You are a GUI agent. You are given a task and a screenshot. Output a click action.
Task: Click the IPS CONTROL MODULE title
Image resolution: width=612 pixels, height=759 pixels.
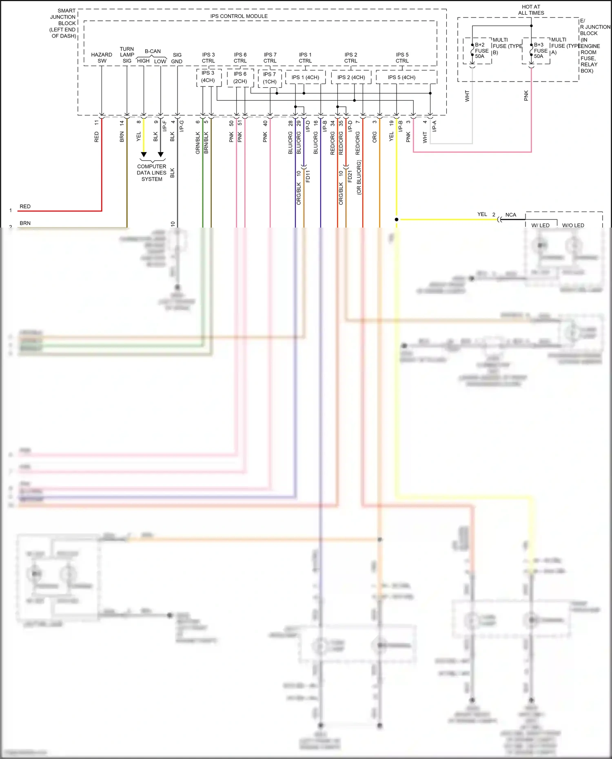[x=239, y=16]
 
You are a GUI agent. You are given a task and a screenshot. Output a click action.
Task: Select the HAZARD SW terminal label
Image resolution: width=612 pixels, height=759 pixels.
[x=102, y=58]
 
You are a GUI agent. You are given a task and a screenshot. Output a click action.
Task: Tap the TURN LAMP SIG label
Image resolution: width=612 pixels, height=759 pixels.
[x=127, y=55]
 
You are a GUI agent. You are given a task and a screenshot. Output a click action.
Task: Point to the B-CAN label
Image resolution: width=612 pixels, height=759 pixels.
[x=153, y=51]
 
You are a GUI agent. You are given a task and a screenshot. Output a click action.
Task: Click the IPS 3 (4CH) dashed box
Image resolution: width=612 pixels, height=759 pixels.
[x=208, y=77]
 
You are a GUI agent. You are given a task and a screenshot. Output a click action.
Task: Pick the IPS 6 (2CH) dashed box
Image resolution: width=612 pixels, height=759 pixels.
[x=240, y=77]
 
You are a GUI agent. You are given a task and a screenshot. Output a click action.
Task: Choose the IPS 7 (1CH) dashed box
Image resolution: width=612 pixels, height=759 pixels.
[x=270, y=78]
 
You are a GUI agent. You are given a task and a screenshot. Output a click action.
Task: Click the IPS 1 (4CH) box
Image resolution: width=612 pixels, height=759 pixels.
[x=305, y=77]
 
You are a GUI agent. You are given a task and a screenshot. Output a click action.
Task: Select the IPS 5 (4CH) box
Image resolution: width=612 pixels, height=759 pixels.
[x=402, y=77]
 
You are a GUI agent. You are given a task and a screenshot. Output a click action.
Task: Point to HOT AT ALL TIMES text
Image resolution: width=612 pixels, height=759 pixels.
[x=531, y=10]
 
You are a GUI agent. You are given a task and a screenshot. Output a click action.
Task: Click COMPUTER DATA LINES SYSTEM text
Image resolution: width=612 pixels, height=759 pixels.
[x=152, y=173]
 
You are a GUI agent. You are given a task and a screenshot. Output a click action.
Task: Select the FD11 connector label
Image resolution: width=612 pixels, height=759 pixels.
[x=308, y=176]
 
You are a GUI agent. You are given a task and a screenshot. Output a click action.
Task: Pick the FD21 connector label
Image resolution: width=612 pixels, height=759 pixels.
[x=350, y=176]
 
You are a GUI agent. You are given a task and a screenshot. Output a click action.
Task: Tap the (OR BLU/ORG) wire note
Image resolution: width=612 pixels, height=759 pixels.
[x=359, y=177]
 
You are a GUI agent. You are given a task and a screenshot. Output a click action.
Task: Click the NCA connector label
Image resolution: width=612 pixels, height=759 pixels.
[x=511, y=215]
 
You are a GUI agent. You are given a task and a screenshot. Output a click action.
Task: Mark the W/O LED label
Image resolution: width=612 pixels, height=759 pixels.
[x=573, y=225]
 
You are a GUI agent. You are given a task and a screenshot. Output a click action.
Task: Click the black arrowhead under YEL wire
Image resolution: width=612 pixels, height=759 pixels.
[x=144, y=155]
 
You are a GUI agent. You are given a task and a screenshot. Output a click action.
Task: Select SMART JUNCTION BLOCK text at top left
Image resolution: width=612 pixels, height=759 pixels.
[x=63, y=23]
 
